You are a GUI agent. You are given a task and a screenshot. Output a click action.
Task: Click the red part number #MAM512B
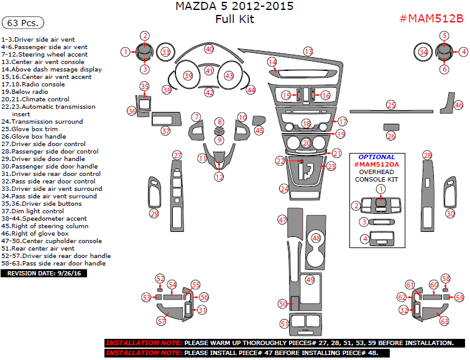point(431,18)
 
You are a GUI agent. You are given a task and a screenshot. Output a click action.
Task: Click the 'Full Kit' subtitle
point(234,19)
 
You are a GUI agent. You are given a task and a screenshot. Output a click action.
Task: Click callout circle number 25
point(390,104)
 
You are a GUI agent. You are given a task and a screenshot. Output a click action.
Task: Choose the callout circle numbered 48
point(316,238)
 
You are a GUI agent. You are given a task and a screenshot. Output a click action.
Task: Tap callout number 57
point(162,321)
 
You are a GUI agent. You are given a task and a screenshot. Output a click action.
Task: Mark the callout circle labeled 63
point(444,321)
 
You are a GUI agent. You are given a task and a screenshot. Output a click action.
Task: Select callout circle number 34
point(423,52)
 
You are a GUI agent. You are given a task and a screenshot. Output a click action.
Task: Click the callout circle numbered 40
point(210,48)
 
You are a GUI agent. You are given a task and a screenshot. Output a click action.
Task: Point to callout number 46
point(459,105)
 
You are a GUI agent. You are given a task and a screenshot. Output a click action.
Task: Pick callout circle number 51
point(284,323)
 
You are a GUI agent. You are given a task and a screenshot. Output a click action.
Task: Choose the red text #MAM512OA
point(376,164)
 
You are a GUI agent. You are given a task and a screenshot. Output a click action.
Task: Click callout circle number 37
point(165,131)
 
